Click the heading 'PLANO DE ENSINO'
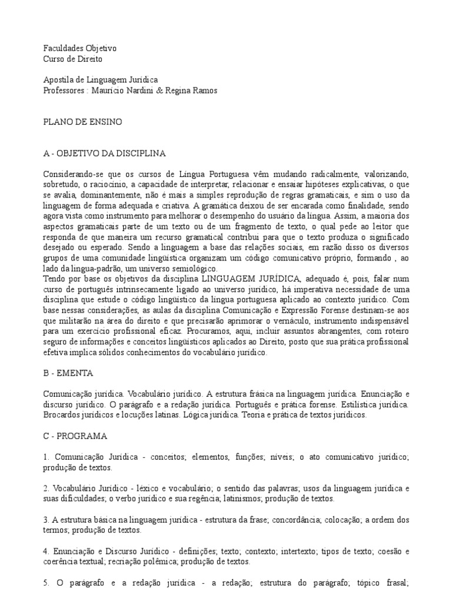coord(83,122)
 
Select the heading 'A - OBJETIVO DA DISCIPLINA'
coord(105,153)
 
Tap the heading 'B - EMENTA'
coord(68,373)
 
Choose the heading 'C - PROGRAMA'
coord(75,436)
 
